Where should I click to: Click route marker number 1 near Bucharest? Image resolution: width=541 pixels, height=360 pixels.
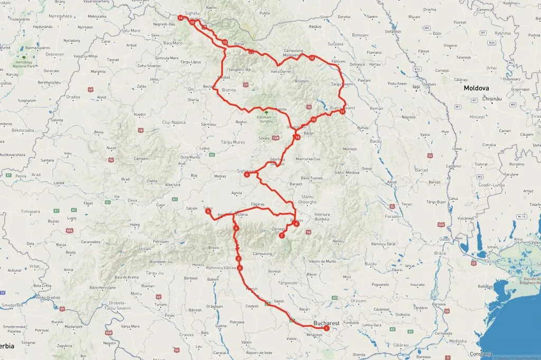pos(327,328)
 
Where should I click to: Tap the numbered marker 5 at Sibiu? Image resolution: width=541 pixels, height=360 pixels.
pos(208,211)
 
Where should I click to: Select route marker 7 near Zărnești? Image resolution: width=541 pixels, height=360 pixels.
pos(282,235)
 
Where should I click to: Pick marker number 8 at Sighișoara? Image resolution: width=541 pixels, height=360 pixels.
pos(247,175)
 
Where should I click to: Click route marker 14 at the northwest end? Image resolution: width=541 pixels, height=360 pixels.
pos(181,18)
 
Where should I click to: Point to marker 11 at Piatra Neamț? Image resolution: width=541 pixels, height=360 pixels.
pos(342,112)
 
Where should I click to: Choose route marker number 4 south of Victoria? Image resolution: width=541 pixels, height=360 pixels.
pos(236,228)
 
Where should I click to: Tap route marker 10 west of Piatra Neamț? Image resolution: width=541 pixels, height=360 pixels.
pos(313,120)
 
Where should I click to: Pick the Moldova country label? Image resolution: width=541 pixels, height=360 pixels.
pos(477,88)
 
